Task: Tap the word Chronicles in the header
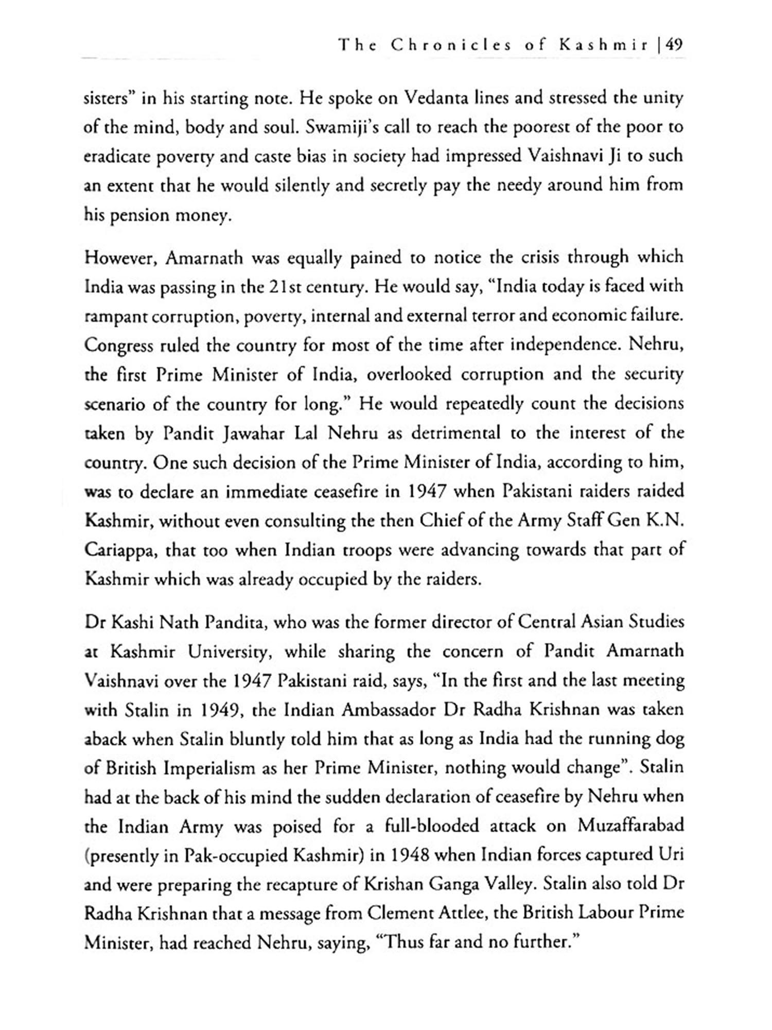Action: pyautogui.click(x=451, y=45)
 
